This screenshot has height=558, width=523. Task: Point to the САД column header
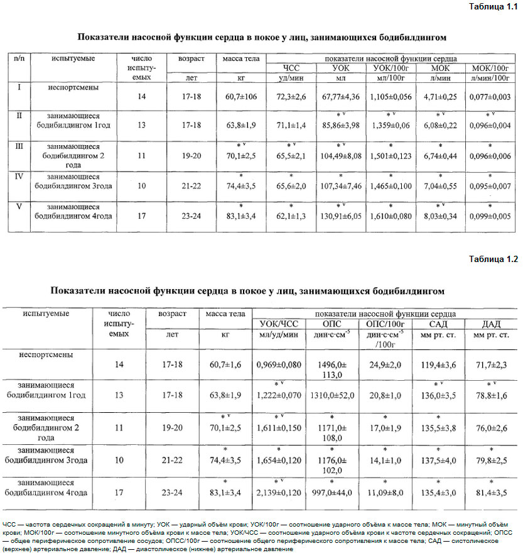pos(438,324)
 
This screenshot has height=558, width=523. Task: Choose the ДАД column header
pos(491,324)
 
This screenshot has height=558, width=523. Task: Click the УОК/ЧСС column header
pos(278,324)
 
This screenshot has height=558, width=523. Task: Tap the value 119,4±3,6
pos(438,364)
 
